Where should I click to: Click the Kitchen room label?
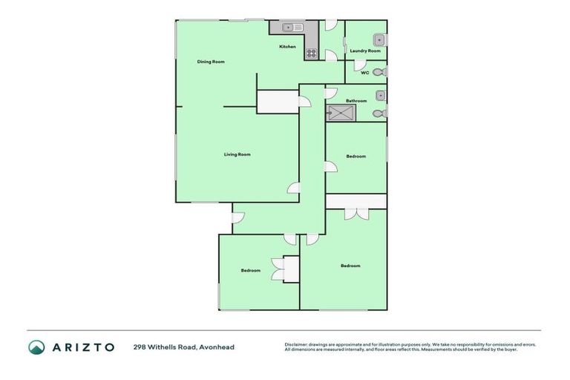pyautogui.click(x=287, y=47)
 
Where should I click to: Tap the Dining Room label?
pyautogui.click(x=211, y=62)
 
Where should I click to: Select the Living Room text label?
pyautogui.click(x=237, y=154)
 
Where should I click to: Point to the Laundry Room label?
pyautogui.click(x=365, y=50)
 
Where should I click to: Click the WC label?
pyautogui.click(x=364, y=73)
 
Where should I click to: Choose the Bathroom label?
pyautogui.click(x=356, y=100)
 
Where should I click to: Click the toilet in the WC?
pyautogui.click(x=379, y=72)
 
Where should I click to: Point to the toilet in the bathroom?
pyautogui.click(x=379, y=114)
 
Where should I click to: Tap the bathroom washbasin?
pyautogui.click(x=380, y=95)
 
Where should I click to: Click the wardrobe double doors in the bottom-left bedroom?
pyautogui.click(x=278, y=269)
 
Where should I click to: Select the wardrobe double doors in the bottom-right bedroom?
pyautogui.click(x=356, y=213)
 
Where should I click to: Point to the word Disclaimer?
pyautogui.click(x=296, y=344)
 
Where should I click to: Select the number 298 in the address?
pyautogui.click(x=140, y=347)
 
